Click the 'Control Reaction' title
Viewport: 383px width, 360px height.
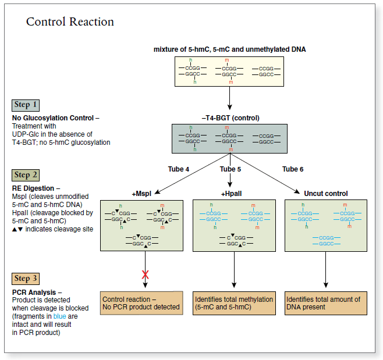click(x=70, y=22)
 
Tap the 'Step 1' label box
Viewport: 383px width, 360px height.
click(x=26, y=105)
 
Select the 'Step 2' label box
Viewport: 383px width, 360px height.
click(x=26, y=175)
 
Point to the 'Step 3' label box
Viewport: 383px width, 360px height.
click(x=26, y=279)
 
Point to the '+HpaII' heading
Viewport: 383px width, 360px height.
click(x=230, y=193)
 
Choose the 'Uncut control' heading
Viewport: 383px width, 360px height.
click(x=325, y=193)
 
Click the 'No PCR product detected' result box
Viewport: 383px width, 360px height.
click(x=141, y=303)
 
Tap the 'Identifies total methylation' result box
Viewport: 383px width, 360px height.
click(x=234, y=303)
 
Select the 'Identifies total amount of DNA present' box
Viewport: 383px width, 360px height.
click(x=325, y=303)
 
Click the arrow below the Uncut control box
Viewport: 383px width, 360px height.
click(x=325, y=270)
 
